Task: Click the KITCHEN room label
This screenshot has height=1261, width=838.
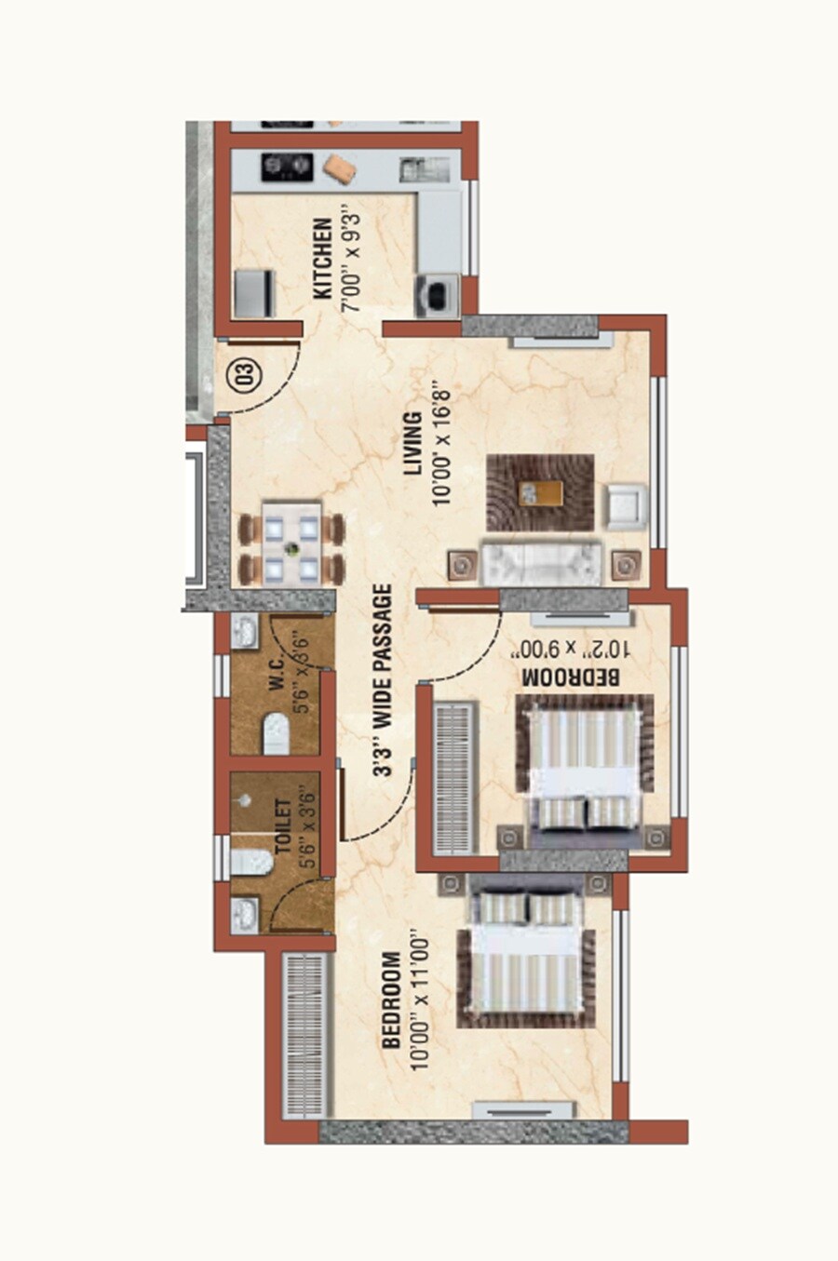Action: pyautogui.click(x=322, y=259)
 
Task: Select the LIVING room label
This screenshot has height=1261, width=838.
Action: pyautogui.click(x=412, y=444)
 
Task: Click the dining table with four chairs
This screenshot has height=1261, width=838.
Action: pyautogui.click(x=291, y=543)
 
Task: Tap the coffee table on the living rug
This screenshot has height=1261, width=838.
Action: pyautogui.click(x=540, y=492)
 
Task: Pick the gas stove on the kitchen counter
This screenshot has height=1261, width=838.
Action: pyautogui.click(x=285, y=167)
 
